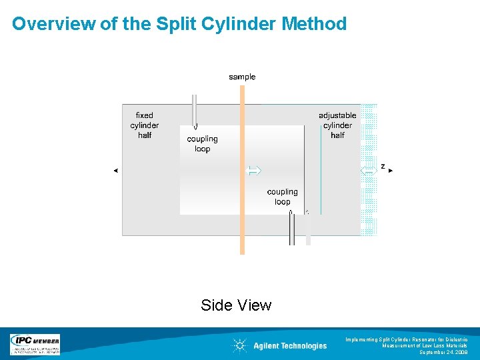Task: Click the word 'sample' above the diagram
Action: click(242, 77)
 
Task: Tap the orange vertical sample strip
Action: click(242, 200)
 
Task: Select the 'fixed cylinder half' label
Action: click(145, 125)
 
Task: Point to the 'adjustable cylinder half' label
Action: click(337, 125)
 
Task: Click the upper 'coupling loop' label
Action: click(202, 144)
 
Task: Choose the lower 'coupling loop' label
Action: click(282, 197)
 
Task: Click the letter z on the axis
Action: click(383, 165)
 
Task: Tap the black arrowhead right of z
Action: click(391, 171)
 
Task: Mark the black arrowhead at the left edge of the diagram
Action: click(115, 171)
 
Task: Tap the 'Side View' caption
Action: click(236, 305)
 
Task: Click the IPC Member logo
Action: click(35, 345)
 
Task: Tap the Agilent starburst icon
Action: click(239, 345)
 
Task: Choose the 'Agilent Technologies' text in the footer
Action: click(290, 345)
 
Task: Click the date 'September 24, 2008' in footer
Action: click(443, 352)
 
